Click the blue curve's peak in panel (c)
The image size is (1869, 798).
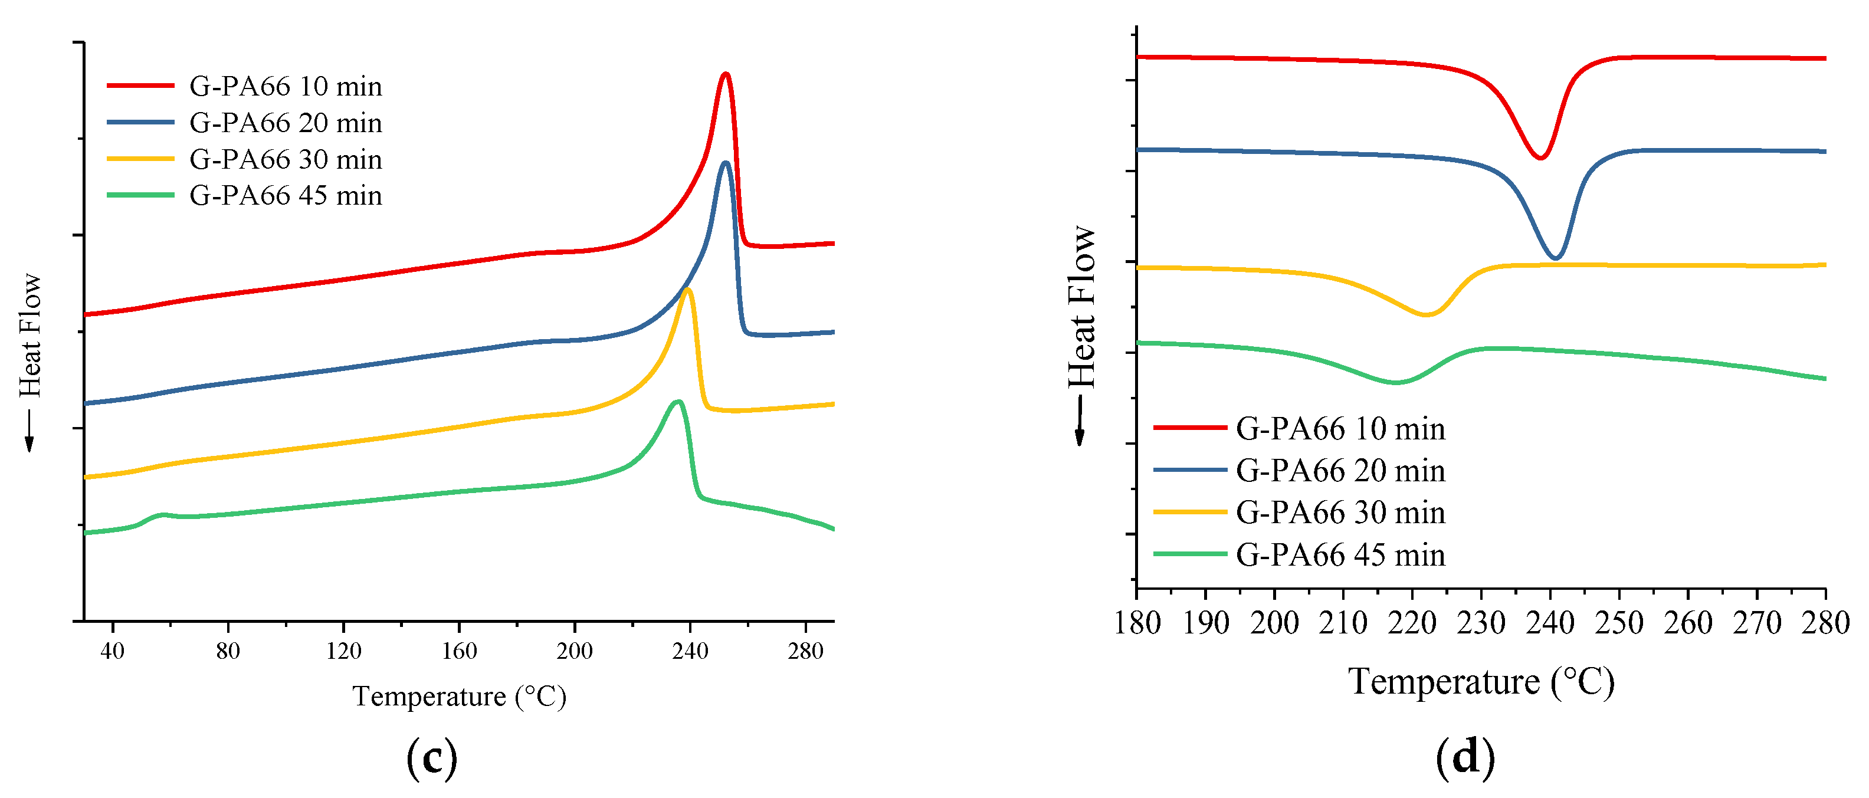pyautogui.click(x=724, y=163)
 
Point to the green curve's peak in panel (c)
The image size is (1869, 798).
pyautogui.click(x=678, y=401)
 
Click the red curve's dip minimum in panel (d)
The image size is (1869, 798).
pyautogui.click(x=1540, y=157)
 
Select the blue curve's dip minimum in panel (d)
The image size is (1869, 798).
pyautogui.click(x=1555, y=258)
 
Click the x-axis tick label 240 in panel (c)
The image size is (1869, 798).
pyautogui.click(x=689, y=651)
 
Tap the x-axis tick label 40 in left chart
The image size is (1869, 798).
pyautogui.click(x=113, y=651)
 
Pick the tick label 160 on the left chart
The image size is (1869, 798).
pyautogui.click(x=458, y=651)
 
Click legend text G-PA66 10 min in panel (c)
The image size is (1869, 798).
pyautogui.click(x=285, y=86)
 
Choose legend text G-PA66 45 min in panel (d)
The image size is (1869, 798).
pyautogui.click(x=1340, y=555)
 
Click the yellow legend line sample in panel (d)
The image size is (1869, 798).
pyautogui.click(x=1190, y=512)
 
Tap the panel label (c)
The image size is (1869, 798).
pyautogui.click(x=432, y=757)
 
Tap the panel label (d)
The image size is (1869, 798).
pyautogui.click(x=1465, y=757)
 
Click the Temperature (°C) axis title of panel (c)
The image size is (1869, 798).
pyautogui.click(x=458, y=697)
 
